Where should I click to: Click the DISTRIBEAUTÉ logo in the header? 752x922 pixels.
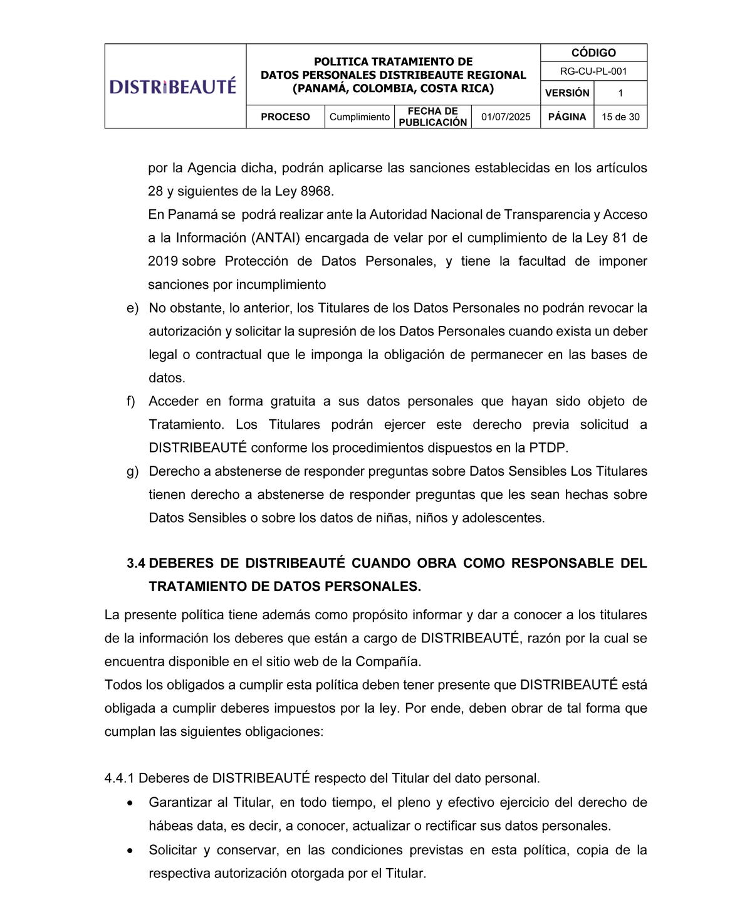point(173,86)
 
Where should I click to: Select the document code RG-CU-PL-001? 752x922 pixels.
point(593,71)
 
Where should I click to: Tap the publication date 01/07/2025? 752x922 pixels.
point(506,117)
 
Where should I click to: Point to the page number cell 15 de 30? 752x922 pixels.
point(620,117)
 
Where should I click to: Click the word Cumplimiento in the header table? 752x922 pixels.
point(360,117)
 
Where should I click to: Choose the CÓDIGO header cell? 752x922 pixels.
point(593,53)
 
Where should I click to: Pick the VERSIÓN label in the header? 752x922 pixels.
point(567,93)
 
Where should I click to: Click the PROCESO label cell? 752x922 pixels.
point(285,117)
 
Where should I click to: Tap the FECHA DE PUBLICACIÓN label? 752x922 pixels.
point(433,117)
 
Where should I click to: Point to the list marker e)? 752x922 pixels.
point(132,308)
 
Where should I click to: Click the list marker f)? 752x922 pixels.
point(131,401)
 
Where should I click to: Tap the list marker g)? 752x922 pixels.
point(132,471)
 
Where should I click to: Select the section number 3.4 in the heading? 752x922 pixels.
point(136,563)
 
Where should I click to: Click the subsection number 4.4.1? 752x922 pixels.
point(119,778)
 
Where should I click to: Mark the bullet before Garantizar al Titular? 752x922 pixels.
point(130,803)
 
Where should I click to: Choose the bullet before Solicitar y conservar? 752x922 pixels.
point(130,851)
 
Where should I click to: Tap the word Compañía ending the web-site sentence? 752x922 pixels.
point(392,662)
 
